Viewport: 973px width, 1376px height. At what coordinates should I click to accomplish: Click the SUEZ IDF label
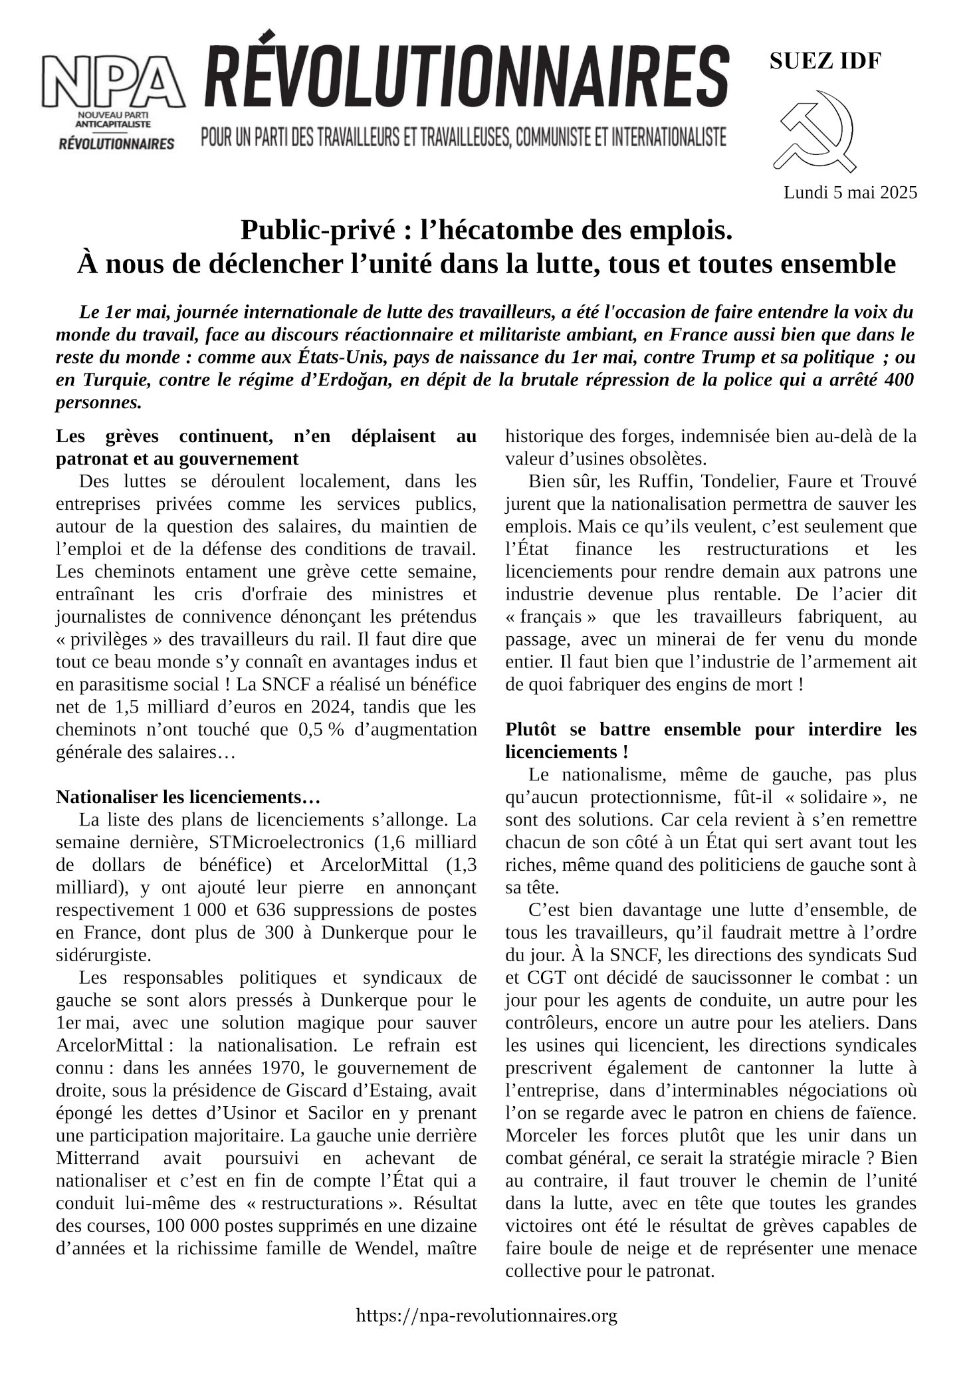(x=825, y=62)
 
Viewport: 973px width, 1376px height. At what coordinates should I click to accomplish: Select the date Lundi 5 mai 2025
(x=850, y=193)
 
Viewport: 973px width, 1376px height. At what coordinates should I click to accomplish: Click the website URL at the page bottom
(x=486, y=1315)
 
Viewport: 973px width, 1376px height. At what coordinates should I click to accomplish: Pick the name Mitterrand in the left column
(x=98, y=1158)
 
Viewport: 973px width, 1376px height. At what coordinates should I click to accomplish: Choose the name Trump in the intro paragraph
(x=728, y=358)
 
